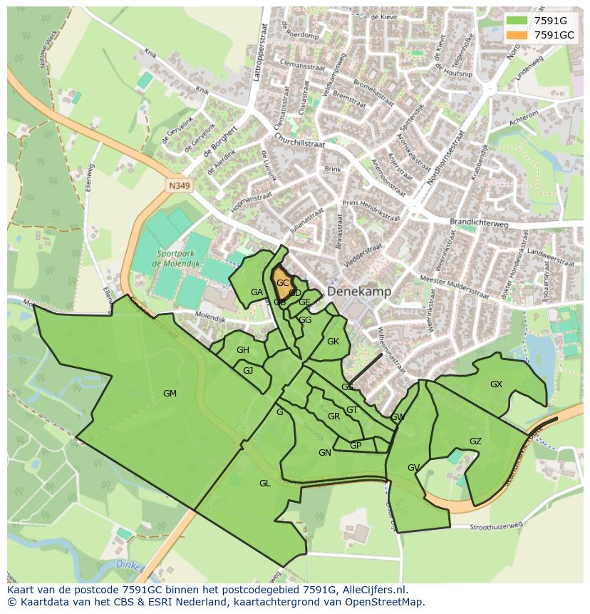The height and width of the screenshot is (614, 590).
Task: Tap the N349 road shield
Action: point(180,186)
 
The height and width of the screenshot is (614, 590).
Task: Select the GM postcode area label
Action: point(170,394)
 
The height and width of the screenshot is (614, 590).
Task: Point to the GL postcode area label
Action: point(264,483)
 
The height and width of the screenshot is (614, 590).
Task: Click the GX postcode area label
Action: point(496,384)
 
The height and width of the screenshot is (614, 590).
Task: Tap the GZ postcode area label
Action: point(475,441)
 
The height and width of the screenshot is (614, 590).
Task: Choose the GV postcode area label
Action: point(413,468)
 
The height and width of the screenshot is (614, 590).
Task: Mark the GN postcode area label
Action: point(324,453)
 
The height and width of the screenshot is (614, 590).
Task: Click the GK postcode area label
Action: point(333,342)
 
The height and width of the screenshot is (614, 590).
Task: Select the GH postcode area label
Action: point(243,350)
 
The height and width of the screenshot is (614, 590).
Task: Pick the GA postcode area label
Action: point(257,292)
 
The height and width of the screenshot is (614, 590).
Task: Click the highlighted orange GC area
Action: point(283,285)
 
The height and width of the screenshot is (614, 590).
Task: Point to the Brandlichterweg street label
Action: point(478,222)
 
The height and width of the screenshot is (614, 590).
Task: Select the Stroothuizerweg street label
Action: point(496,526)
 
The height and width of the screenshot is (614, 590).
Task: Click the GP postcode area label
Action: point(356,446)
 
